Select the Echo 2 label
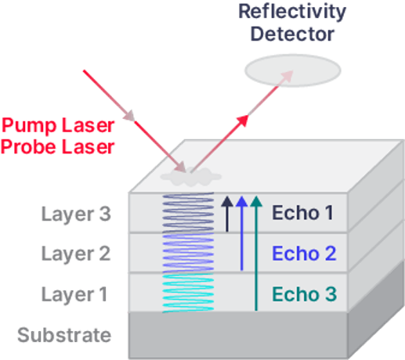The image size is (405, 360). (304, 254)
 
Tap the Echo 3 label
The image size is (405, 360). (304, 294)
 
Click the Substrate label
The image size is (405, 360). (64, 336)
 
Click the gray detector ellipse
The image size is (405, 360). (292, 70)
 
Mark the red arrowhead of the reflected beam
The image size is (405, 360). (244, 121)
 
